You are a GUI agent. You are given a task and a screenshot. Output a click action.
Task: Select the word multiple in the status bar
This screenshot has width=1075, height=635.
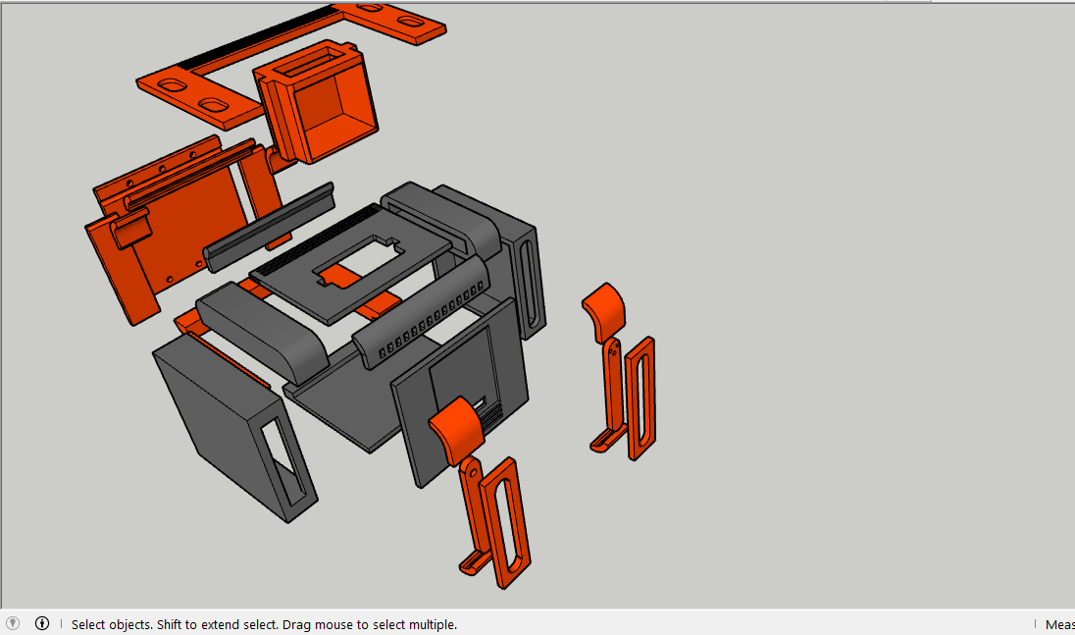(431, 624)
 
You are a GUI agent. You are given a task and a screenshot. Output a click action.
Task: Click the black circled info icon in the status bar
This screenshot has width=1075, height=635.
(42, 623)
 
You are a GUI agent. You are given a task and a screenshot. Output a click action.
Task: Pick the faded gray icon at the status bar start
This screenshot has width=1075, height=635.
(13, 623)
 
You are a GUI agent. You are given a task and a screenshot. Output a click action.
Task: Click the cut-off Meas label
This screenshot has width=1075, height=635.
(1058, 624)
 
